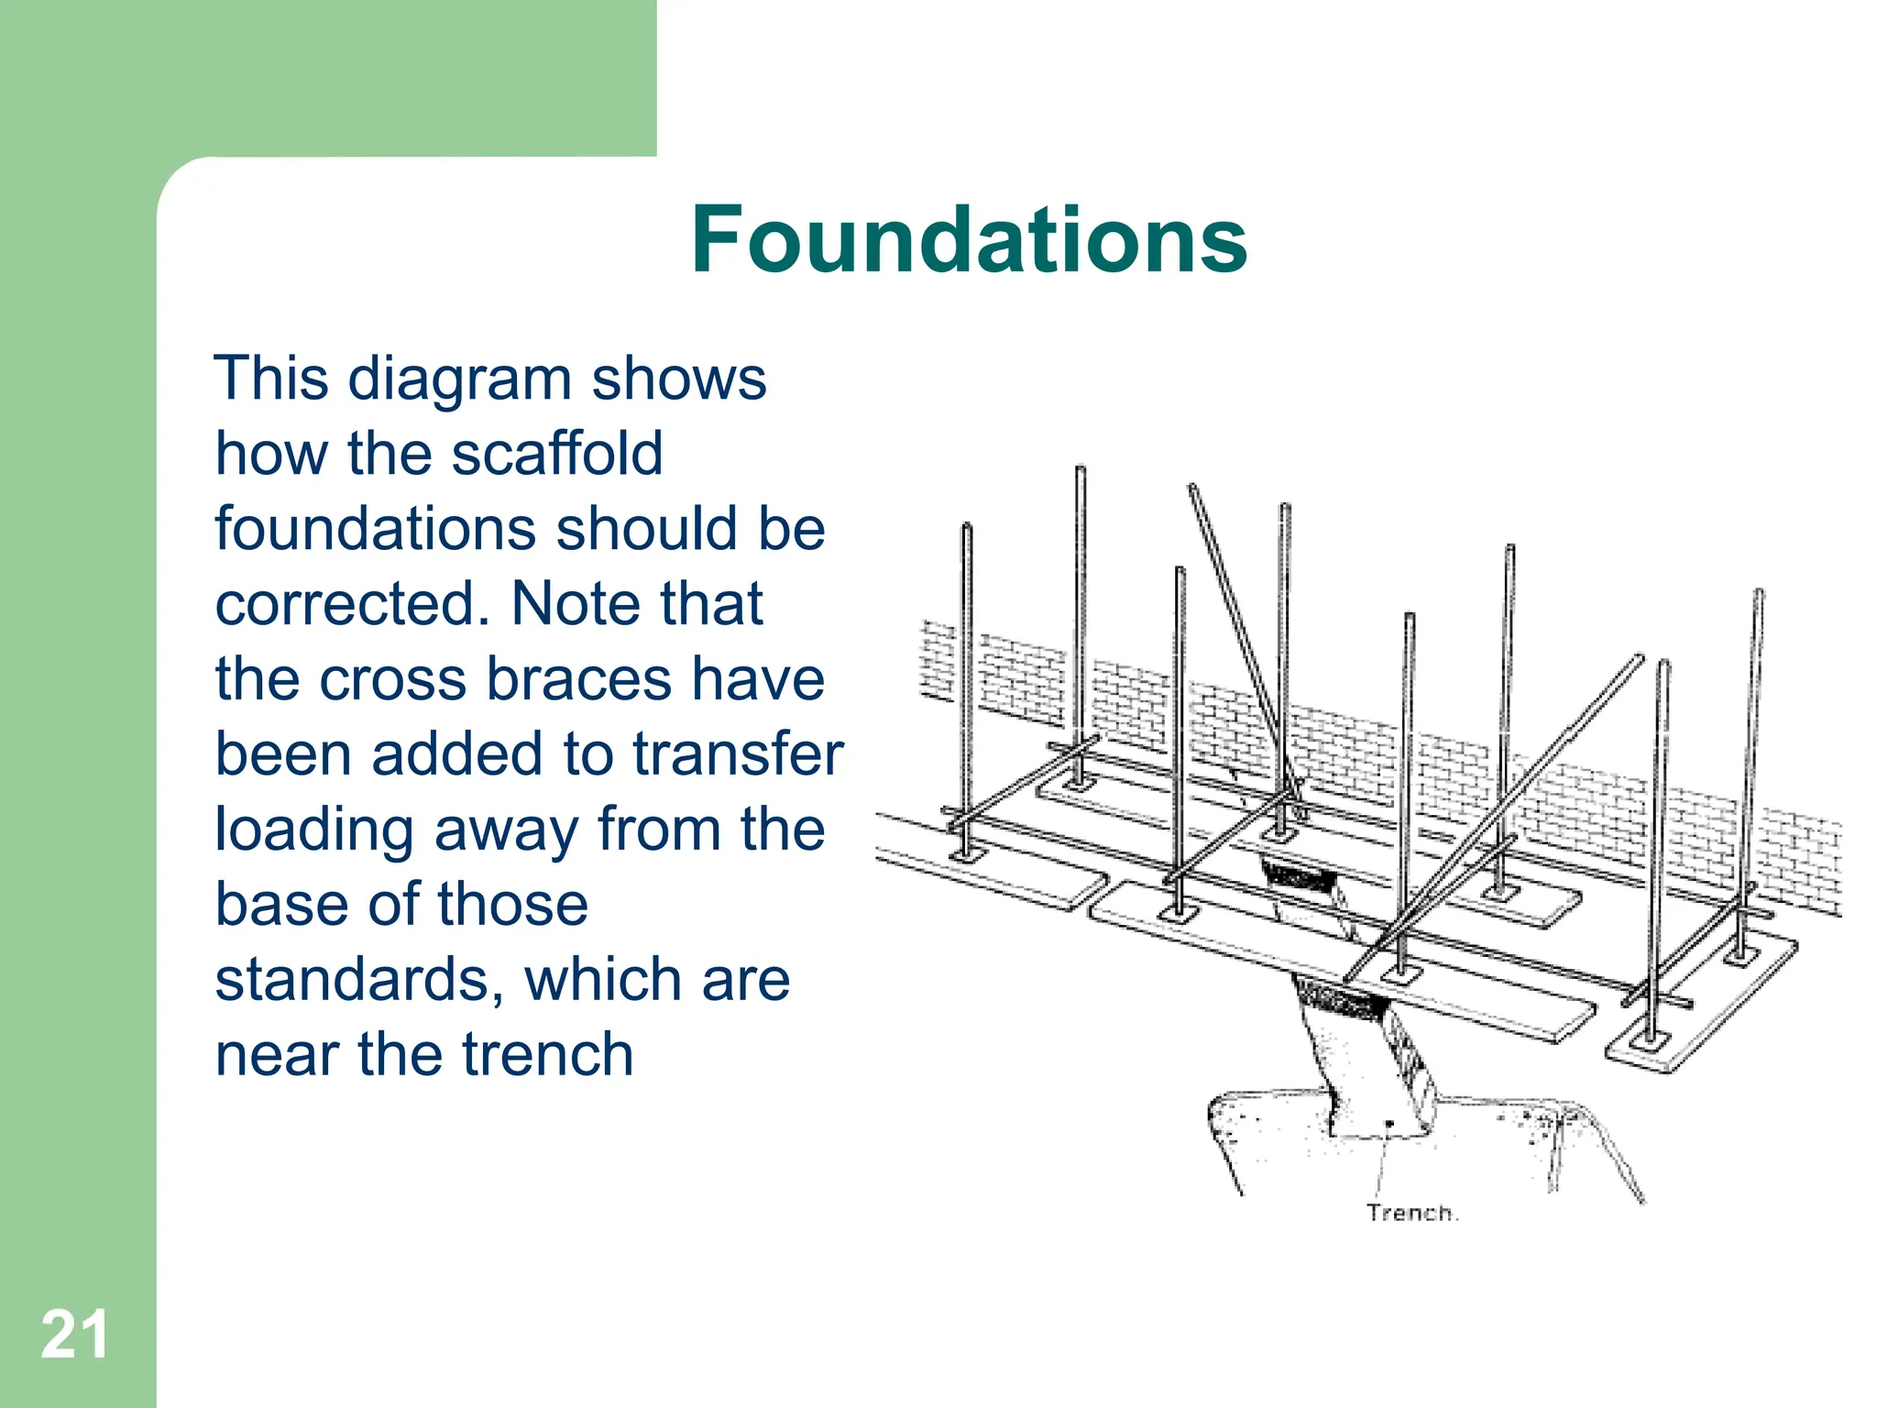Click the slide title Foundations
pos(969,240)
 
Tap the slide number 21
pos(74,1335)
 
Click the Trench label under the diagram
pos(1410,1213)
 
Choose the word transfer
pos(738,754)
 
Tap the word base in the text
pos(282,905)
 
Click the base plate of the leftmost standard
pos(966,854)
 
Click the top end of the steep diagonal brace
pos(1192,488)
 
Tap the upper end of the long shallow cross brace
pos(1638,659)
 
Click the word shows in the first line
pos(678,379)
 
